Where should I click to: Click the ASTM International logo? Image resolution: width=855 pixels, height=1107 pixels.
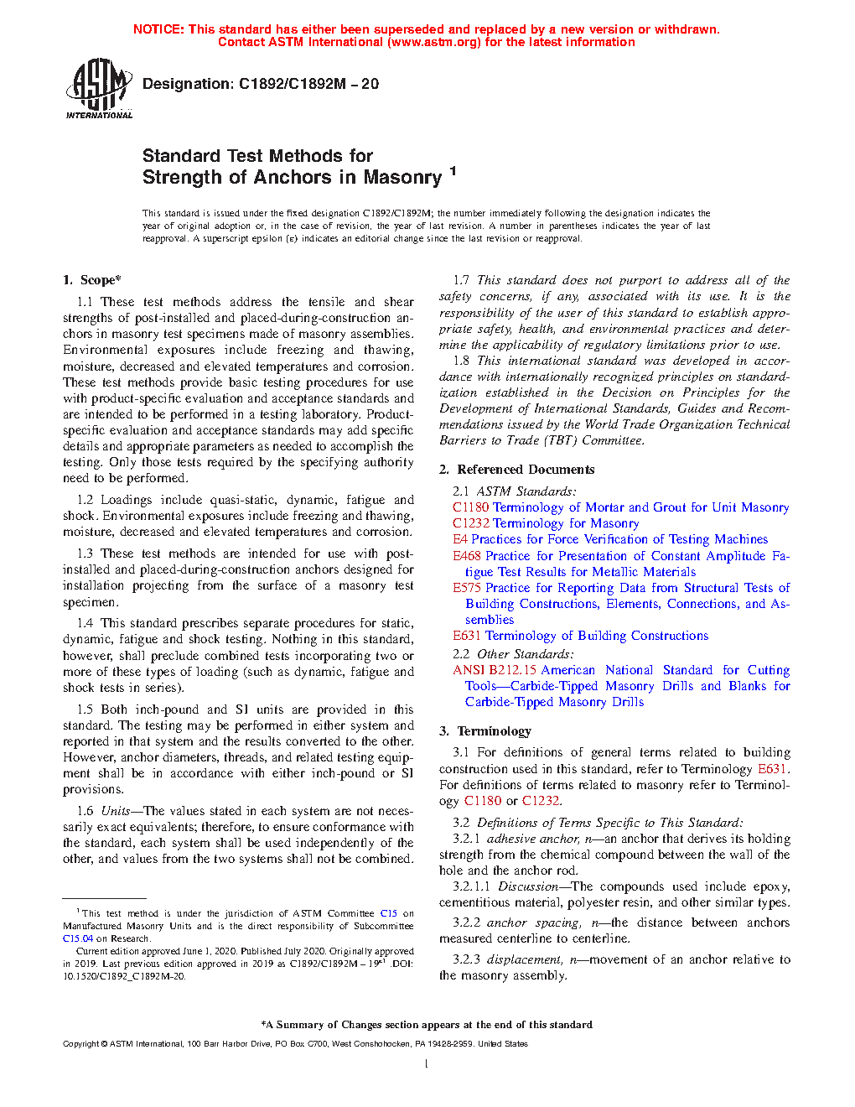tap(98, 88)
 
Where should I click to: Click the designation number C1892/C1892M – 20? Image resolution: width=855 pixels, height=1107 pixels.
tap(308, 84)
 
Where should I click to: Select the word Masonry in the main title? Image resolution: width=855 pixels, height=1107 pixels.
tap(402, 178)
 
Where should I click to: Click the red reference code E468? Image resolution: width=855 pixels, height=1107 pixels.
tap(467, 556)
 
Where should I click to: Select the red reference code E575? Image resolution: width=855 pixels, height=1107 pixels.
tap(467, 588)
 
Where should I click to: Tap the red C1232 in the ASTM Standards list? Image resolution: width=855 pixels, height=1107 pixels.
tap(470, 523)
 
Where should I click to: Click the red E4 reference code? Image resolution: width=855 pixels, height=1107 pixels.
tap(459, 539)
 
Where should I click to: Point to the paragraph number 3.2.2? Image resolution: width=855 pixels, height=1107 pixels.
tap(466, 922)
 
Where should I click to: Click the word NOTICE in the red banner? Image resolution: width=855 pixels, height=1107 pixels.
tap(158, 29)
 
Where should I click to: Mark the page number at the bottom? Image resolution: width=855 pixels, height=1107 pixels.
tap(427, 1064)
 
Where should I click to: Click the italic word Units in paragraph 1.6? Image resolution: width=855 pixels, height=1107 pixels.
tap(116, 811)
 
